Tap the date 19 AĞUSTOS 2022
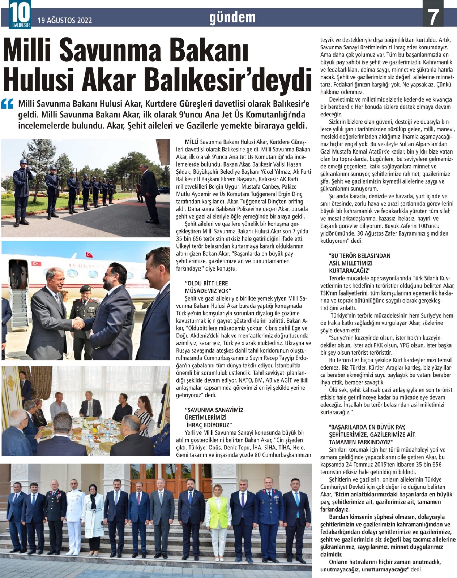(x=65, y=20)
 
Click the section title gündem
(x=232, y=17)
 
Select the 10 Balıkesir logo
(x=20, y=14)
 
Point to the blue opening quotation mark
(x=8, y=104)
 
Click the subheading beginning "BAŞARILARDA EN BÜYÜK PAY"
(x=372, y=434)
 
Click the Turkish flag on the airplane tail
(x=89, y=255)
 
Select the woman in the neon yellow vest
(x=218, y=513)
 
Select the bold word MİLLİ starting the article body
(x=192, y=142)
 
